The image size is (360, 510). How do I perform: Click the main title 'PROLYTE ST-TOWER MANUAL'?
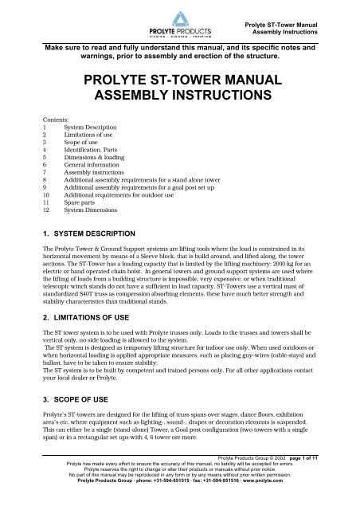pos(180,82)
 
